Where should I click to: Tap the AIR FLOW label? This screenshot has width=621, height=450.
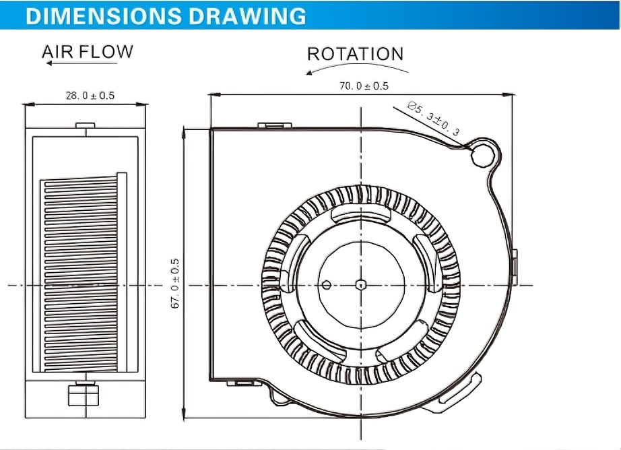point(88,52)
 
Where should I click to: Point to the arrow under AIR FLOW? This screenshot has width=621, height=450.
point(82,63)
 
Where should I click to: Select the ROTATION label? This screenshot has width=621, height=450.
point(355,55)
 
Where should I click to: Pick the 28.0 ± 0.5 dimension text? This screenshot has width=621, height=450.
point(90,96)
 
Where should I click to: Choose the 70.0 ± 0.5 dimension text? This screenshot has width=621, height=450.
point(364,86)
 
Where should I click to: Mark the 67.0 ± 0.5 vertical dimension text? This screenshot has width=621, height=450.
point(175,284)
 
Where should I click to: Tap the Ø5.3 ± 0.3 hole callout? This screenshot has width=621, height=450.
point(434,118)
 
